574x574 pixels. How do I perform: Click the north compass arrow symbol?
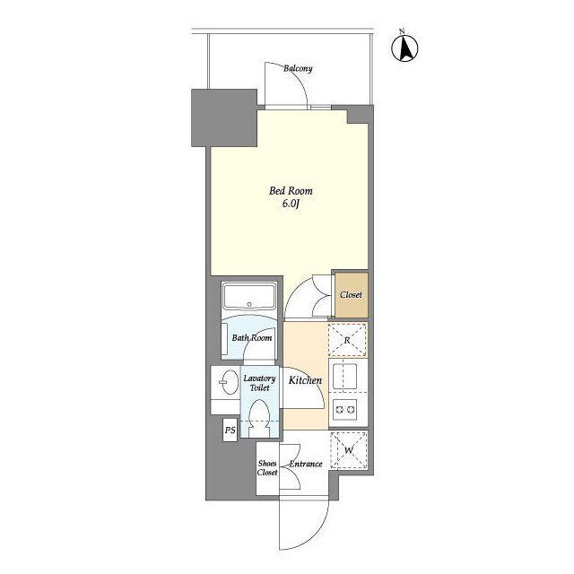coord(404,48)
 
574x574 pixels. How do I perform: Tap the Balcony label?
coord(298,68)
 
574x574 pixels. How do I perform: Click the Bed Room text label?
coord(291,191)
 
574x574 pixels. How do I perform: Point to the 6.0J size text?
coord(291,204)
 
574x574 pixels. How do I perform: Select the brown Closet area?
coord(352,295)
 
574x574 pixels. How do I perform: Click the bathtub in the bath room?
coord(249,296)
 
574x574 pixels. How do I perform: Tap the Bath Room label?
coord(252,338)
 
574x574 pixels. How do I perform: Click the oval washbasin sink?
coord(230,382)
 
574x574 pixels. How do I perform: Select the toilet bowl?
coord(259,418)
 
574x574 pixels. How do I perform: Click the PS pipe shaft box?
coord(230,430)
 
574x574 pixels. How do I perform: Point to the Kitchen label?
coord(305,380)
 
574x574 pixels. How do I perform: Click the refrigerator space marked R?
coord(347,340)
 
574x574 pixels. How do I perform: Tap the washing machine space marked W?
coord(349,450)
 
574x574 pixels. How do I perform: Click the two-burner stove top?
coord(344,409)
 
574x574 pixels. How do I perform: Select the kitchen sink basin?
coord(344,377)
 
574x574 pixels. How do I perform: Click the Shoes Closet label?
coord(267,468)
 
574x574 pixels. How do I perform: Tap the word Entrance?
coord(306,465)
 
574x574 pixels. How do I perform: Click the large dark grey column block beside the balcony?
coord(224,117)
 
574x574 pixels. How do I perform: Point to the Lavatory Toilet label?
coord(259,383)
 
